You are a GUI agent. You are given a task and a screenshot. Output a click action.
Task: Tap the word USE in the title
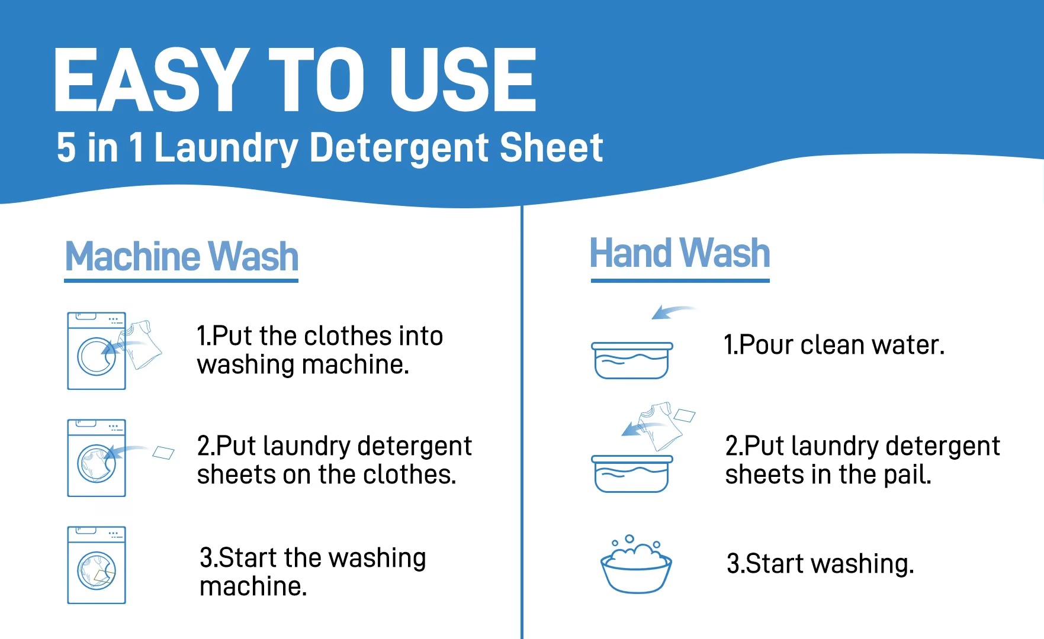click(x=462, y=79)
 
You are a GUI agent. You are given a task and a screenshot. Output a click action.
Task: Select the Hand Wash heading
click(x=680, y=253)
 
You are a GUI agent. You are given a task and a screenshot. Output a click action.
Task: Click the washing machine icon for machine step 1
click(x=97, y=351)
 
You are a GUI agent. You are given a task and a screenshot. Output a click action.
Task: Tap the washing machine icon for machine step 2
click(x=97, y=458)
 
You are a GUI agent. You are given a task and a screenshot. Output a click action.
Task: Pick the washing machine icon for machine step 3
click(x=97, y=565)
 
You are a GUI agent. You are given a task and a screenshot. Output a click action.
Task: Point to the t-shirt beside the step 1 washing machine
click(x=140, y=344)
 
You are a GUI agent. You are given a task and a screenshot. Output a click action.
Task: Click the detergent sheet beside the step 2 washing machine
click(x=163, y=453)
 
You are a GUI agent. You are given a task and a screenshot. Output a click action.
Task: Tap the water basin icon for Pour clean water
click(x=632, y=360)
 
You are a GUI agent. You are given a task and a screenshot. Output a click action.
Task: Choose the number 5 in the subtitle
click(x=66, y=147)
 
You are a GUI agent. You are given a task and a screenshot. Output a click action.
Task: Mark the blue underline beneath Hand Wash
click(x=680, y=280)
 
